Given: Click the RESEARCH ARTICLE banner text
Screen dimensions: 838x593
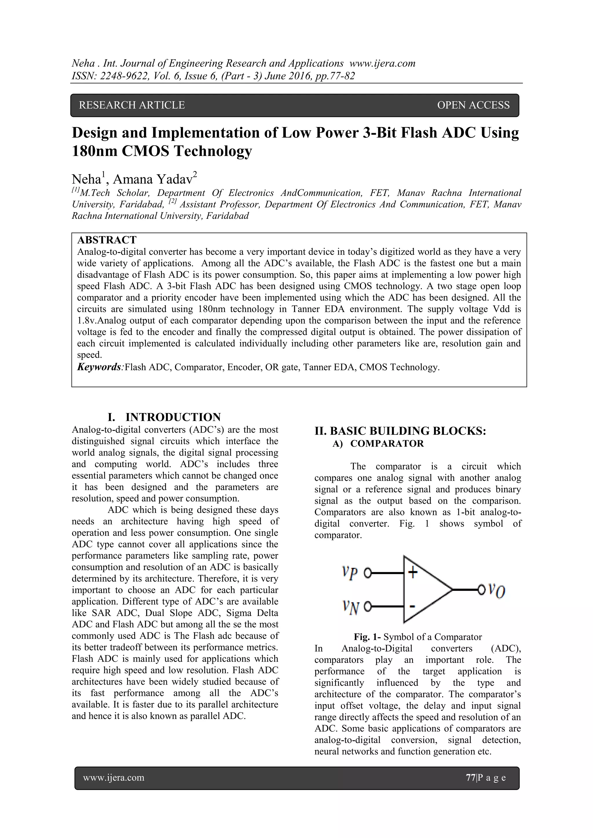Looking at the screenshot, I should tap(132, 105).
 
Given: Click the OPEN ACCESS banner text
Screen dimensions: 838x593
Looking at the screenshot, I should tap(473, 105).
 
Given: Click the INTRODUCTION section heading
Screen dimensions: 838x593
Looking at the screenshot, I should tap(173, 417).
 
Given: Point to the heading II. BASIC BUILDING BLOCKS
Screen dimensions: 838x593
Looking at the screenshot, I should tap(400, 431).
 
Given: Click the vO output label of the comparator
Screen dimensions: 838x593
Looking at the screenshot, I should tap(497, 590).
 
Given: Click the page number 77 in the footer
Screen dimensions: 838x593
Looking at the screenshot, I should tap(470, 778).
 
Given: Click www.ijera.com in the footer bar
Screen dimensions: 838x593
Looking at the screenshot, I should tap(114, 778).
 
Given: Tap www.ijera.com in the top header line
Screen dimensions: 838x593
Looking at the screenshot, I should tap(382, 63).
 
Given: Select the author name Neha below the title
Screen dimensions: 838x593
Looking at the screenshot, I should tap(86, 179).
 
